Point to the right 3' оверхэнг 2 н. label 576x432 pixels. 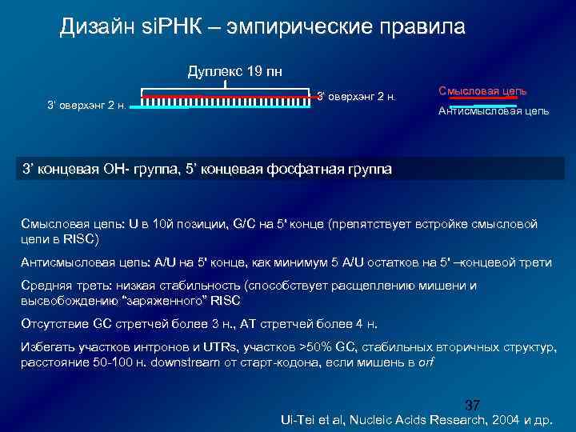coord(357,97)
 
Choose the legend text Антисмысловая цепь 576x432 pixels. coord(493,110)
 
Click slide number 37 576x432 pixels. coord(472,404)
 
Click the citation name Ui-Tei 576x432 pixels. coord(294,419)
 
